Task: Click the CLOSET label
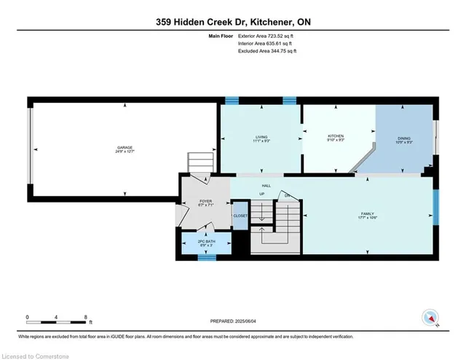pos(240,216)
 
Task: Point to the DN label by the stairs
pos(287,195)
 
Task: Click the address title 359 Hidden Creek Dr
pos(232,21)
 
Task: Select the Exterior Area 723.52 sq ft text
pos(269,35)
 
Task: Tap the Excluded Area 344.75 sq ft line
pos(268,51)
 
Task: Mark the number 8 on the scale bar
pos(87,318)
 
